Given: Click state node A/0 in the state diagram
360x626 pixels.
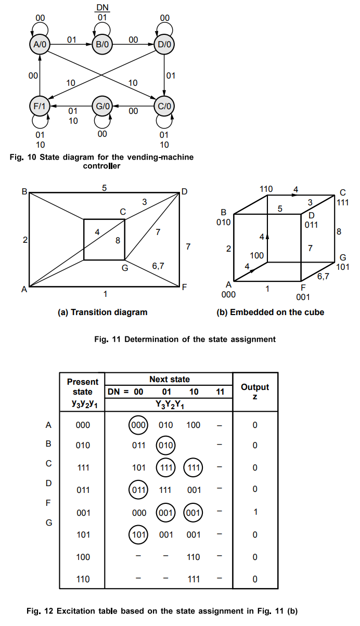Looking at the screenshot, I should click(40, 45).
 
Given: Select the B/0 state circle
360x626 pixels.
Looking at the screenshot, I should click(102, 45).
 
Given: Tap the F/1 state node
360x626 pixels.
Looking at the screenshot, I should click(40, 107).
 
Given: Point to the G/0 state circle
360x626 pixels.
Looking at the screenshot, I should click(102, 107).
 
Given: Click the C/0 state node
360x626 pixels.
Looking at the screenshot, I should click(164, 107).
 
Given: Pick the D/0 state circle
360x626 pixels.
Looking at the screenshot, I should click(164, 45).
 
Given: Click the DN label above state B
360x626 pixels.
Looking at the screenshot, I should click(102, 8).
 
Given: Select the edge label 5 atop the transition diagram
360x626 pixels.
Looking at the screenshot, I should click(105, 188).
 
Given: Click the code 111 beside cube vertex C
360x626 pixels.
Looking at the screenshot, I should click(342, 202).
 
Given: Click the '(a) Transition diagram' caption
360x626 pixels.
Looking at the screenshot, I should click(102, 312).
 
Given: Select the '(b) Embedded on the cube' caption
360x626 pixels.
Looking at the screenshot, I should click(270, 312).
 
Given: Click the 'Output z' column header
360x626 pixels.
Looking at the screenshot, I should click(255, 392).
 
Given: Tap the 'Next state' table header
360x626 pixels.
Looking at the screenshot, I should click(169, 379).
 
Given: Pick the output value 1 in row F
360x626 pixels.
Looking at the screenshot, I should click(255, 512).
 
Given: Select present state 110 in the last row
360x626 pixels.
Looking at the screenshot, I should click(83, 579).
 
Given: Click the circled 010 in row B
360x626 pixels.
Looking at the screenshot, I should click(166, 446).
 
